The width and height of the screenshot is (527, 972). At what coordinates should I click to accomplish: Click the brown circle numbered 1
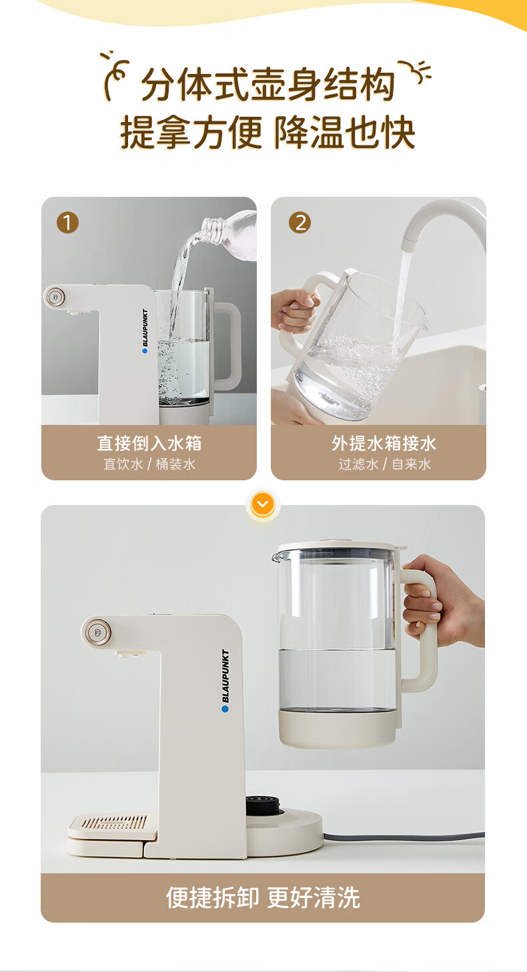(67, 223)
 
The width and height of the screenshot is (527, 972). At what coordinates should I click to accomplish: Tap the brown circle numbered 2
(300, 223)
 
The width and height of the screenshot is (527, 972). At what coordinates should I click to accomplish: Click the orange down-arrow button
(263, 504)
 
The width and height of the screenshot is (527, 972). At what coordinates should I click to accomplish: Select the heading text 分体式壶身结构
(268, 84)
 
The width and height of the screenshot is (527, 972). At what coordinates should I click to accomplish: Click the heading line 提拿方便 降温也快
(268, 132)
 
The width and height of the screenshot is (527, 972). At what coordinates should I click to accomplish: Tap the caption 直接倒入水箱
(149, 443)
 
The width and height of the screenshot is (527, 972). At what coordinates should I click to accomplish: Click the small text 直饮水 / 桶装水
(149, 464)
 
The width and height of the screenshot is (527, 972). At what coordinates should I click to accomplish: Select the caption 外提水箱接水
(384, 443)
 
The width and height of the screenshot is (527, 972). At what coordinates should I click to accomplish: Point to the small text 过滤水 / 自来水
(385, 464)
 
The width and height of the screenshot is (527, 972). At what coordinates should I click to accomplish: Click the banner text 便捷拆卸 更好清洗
(263, 897)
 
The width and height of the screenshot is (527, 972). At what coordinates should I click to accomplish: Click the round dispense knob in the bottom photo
(96, 632)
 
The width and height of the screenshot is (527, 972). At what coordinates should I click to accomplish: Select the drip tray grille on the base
(114, 823)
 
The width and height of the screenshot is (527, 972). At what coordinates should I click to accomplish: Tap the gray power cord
(404, 836)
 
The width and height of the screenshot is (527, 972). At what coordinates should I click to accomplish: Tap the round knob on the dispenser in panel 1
(55, 298)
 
